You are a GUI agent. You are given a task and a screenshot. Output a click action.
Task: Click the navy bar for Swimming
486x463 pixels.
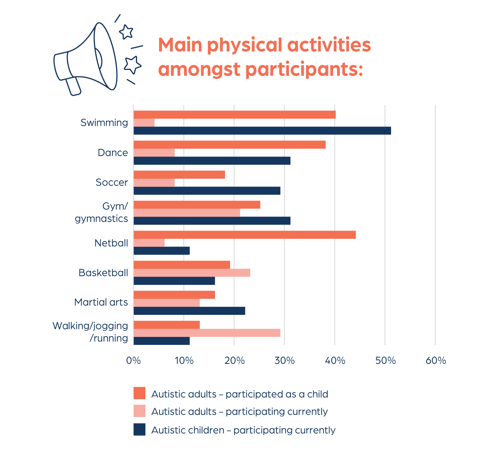pyautogui.click(x=262, y=131)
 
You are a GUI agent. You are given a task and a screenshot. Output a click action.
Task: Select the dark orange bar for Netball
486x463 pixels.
pyautogui.click(x=245, y=235)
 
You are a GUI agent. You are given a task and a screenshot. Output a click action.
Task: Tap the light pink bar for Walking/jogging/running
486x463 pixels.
pyautogui.click(x=207, y=333)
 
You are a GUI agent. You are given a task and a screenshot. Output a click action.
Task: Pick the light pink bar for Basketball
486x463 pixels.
pyautogui.click(x=192, y=273)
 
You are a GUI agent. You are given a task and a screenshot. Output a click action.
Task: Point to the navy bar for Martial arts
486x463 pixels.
pyautogui.click(x=189, y=311)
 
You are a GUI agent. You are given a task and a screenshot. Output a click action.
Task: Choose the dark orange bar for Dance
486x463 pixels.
pyautogui.click(x=229, y=145)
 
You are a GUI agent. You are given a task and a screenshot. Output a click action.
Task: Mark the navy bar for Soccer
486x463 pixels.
pyautogui.click(x=207, y=191)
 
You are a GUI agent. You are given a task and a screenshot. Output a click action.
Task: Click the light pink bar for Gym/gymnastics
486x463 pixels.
pyautogui.click(x=187, y=213)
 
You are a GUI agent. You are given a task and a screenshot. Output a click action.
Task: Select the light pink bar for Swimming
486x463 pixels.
pyautogui.click(x=144, y=123)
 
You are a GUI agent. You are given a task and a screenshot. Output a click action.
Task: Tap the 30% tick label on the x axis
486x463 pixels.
pyautogui.click(x=284, y=360)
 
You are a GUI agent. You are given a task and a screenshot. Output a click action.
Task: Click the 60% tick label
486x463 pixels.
pyautogui.click(x=436, y=360)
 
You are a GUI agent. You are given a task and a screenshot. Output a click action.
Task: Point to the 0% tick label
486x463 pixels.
pyautogui.click(x=133, y=360)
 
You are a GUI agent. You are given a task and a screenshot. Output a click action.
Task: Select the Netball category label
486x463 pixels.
pyautogui.click(x=111, y=243)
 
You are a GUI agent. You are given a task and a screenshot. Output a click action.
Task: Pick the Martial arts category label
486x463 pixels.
pyautogui.click(x=101, y=302)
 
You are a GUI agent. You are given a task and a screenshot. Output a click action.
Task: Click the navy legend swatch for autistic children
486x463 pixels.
pyautogui.click(x=139, y=430)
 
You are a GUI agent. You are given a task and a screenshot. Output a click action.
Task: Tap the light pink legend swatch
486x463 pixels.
pyautogui.click(x=139, y=411)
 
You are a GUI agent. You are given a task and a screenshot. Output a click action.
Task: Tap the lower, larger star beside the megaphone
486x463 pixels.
pyautogui.click(x=133, y=65)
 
